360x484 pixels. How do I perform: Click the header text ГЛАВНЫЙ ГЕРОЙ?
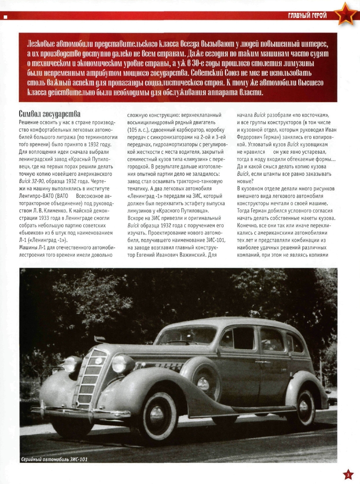(307, 16)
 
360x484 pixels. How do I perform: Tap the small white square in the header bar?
(5, 17)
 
